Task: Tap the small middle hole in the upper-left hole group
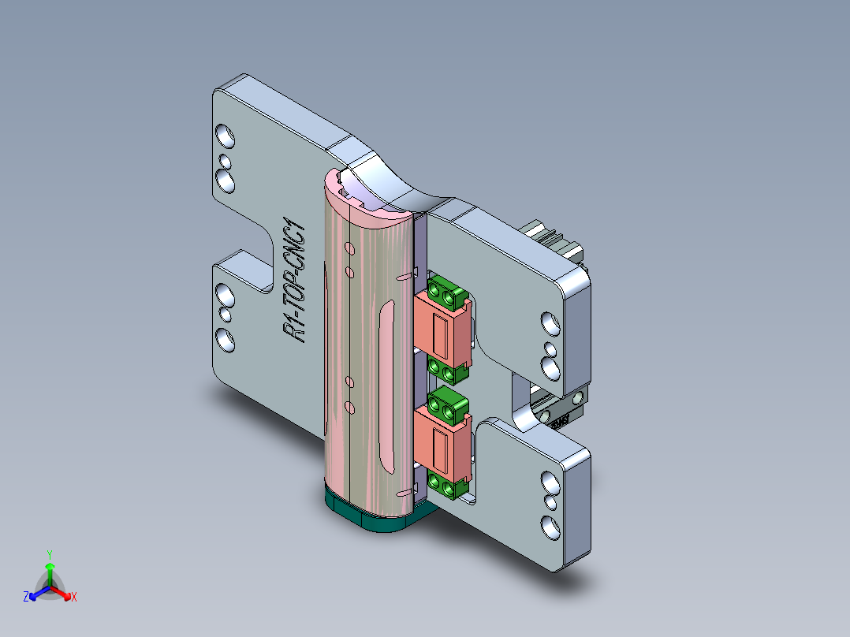[226, 162]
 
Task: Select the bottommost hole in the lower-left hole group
[226, 341]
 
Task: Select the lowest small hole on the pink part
[349, 407]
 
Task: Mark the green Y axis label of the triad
[50, 553]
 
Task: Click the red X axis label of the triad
[74, 598]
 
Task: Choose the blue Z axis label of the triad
[26, 598]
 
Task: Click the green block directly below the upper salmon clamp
[446, 370]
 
